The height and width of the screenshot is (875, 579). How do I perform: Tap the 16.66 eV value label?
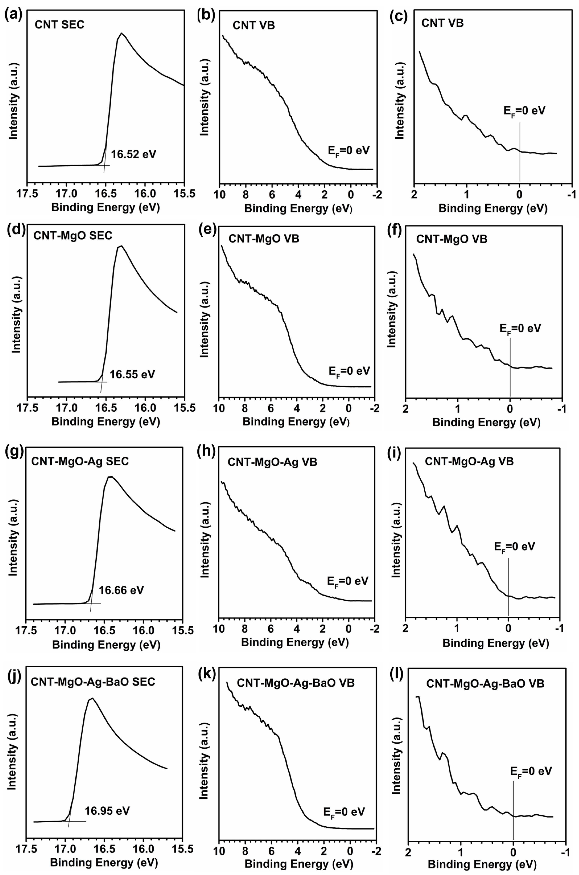click(121, 590)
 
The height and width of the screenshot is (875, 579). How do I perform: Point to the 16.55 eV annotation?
click(132, 374)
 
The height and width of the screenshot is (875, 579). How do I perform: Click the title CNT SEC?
click(59, 25)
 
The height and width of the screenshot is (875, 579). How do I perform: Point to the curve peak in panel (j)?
click(92, 698)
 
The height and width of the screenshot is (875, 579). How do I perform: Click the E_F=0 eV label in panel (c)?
click(525, 111)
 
